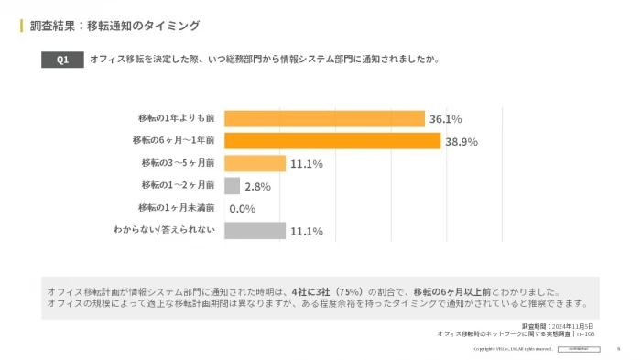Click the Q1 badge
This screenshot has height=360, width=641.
pyautogui.click(x=62, y=60)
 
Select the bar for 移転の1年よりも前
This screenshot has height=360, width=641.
pyautogui.click(x=324, y=119)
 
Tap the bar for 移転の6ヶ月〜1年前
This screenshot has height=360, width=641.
pyautogui.click(x=332, y=141)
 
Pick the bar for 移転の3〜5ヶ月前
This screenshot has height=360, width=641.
pyautogui.click(x=255, y=163)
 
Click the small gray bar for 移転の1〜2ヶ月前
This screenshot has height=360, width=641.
pyautogui.click(x=232, y=186)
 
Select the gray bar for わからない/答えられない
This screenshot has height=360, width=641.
pyautogui.click(x=255, y=231)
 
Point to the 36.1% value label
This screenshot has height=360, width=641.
pyautogui.click(x=446, y=119)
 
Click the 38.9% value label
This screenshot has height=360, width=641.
pyautogui.click(x=462, y=142)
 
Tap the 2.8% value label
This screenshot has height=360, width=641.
pyautogui.click(x=257, y=187)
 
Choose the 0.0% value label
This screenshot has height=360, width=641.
pyautogui.click(x=242, y=209)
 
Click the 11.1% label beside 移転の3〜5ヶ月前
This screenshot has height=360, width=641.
pyautogui.click(x=306, y=164)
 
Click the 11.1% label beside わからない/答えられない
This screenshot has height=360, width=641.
pyautogui.click(x=306, y=232)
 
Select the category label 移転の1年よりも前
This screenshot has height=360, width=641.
pyautogui.click(x=176, y=118)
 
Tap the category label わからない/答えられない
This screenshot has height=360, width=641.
pyautogui.click(x=164, y=230)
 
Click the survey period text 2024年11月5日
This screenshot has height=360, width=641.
pyautogui.click(x=572, y=326)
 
